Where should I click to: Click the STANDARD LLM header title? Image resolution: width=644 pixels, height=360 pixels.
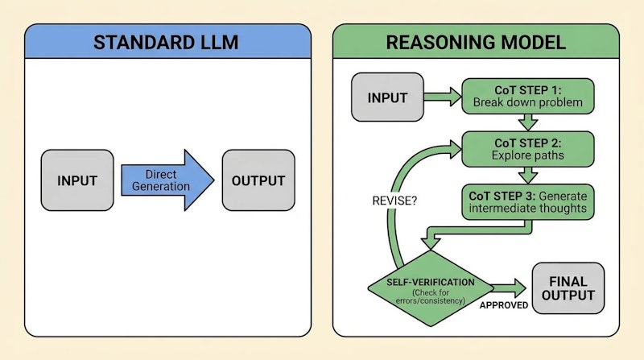[x=167, y=42]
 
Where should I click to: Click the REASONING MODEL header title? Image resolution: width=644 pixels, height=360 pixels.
[x=476, y=42]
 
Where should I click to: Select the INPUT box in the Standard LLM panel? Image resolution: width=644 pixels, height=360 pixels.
[x=77, y=180]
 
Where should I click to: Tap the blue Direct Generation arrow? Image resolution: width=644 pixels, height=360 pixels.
[x=167, y=180]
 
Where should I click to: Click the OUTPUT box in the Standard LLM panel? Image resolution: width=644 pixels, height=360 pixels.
[x=258, y=180]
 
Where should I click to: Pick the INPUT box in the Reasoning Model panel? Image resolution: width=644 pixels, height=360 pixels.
[x=387, y=98]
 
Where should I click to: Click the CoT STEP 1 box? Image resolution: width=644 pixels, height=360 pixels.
[x=526, y=97]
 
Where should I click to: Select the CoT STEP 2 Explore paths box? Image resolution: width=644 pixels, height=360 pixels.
[x=526, y=148]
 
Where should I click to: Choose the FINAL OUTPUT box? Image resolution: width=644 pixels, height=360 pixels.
[x=568, y=288]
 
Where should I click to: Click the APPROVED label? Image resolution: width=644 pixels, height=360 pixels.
[x=504, y=305]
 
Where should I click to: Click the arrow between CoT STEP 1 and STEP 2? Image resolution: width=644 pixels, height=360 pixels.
[x=527, y=122]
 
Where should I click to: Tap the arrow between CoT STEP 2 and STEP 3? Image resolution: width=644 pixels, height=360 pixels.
[x=527, y=174]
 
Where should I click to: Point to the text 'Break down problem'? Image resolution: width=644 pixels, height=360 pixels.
[x=526, y=103]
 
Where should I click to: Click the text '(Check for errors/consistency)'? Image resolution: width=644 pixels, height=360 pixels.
[x=431, y=296]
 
